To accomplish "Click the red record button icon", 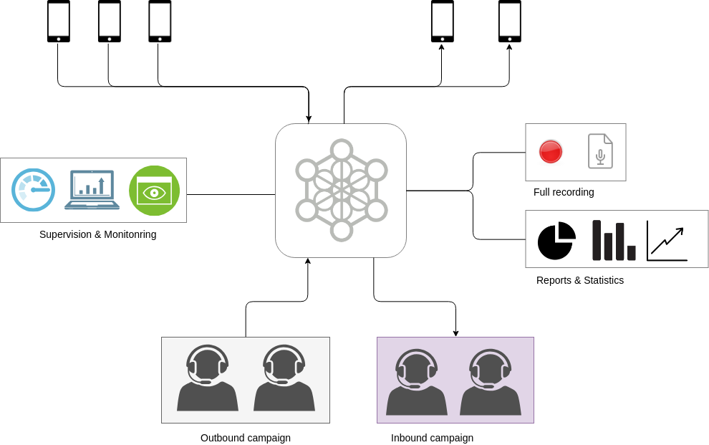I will coord(550,152).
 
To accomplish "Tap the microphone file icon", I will coord(600,151).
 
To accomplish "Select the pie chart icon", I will coord(556,241).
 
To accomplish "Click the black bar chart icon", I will coord(614,241).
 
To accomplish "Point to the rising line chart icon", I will coord(667,241).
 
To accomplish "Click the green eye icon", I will coord(154,191).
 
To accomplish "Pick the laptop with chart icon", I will coord(92,190).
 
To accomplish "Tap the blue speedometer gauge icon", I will coord(33,190).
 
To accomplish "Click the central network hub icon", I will coord(341,191).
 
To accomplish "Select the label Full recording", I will coord(564,192).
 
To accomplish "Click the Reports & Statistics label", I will coord(579,280).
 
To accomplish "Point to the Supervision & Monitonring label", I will coord(97,234).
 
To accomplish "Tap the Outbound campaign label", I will coord(245,438).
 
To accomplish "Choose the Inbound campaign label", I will coord(432,438).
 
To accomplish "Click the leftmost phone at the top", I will coord(59,21).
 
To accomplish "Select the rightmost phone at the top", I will coord(509,21).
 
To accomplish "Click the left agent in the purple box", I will coord(417,382).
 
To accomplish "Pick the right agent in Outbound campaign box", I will coord(284,378).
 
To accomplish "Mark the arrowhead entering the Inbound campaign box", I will coord(455,333).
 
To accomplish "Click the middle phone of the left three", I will coord(109,21).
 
